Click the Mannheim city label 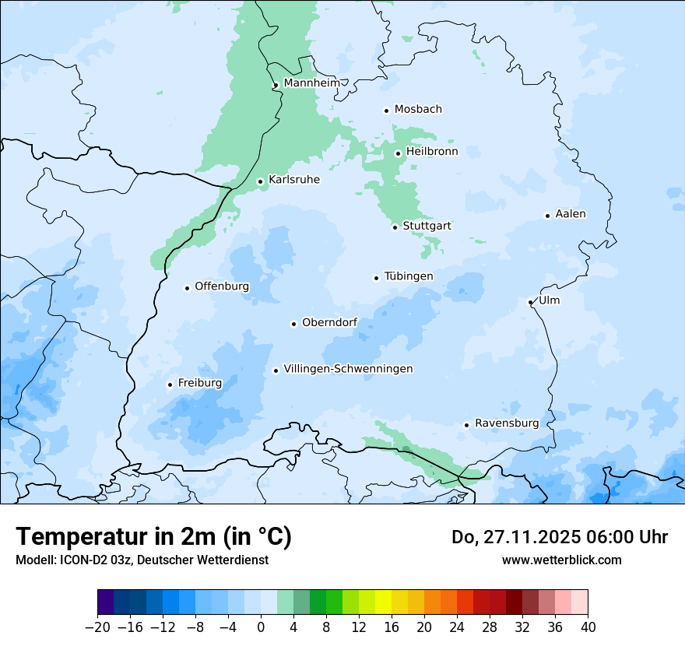[x=311, y=83]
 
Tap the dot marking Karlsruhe [x=261, y=182]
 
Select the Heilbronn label [x=432, y=152]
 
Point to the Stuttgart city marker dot [x=395, y=227]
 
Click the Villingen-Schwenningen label [x=348, y=369]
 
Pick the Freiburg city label [x=199, y=383]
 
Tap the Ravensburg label [x=507, y=423]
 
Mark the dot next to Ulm [x=530, y=302]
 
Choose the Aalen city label [x=571, y=214]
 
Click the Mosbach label [x=418, y=110]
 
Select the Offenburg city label [x=222, y=286]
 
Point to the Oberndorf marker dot [x=293, y=324]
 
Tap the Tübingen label [x=409, y=276]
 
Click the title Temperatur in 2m [x=153, y=537]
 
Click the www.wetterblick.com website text [x=561, y=560]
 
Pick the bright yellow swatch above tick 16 [x=383, y=602]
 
